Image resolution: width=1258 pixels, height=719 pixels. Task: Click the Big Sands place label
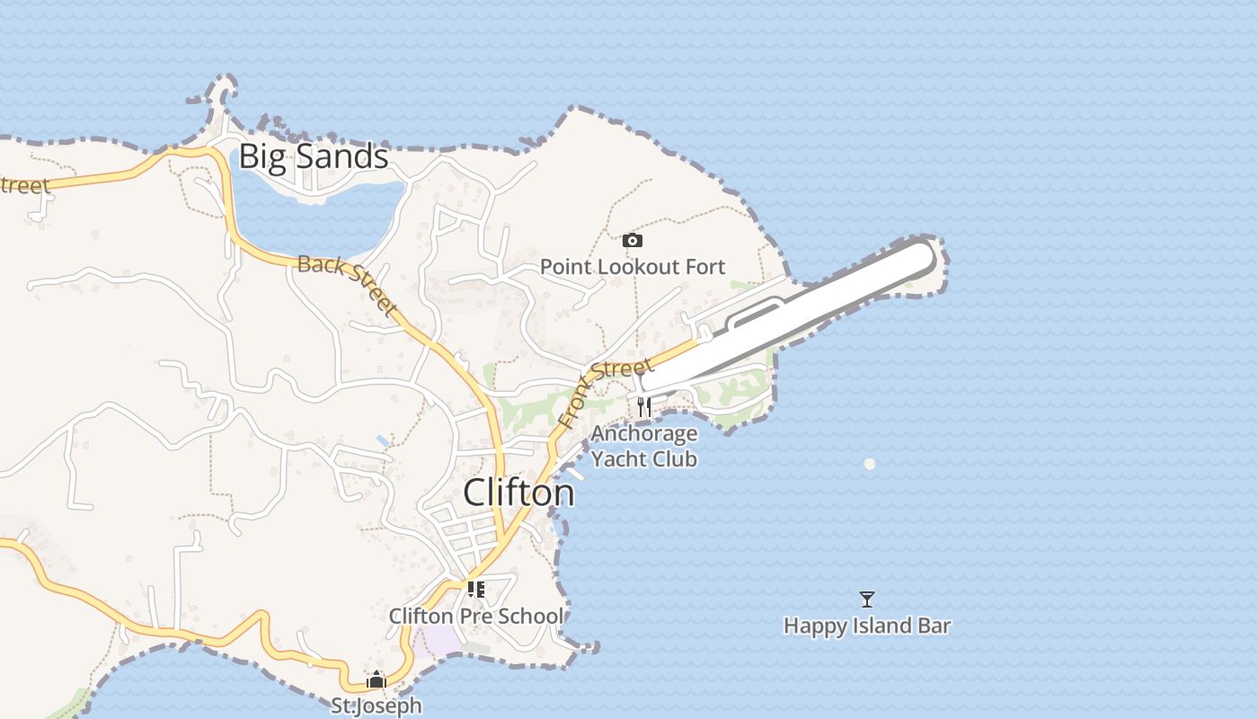pos(314,157)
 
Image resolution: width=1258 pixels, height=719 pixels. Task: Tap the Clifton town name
pos(518,493)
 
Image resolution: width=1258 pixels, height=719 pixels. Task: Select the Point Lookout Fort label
pos(632,267)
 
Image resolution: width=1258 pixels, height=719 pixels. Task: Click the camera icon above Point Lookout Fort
pos(633,240)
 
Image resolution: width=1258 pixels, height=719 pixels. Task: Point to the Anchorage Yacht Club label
pos(644,446)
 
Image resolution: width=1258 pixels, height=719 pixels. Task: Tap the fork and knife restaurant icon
pos(643,407)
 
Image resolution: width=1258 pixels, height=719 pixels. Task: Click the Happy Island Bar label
pos(867,626)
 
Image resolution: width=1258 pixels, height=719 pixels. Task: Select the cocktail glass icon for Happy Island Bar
pos(867,599)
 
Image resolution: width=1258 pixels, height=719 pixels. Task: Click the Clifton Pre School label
pos(476,616)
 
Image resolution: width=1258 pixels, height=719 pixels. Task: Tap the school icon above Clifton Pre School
pos(476,590)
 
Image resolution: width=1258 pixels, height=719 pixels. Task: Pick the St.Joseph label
pos(376,706)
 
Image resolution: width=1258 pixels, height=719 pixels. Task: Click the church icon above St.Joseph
pos(377,679)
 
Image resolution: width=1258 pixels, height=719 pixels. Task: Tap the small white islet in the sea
pos(869,464)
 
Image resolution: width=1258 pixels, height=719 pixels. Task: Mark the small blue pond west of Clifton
pos(384,441)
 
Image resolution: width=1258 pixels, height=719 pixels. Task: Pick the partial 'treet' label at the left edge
pos(24,186)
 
